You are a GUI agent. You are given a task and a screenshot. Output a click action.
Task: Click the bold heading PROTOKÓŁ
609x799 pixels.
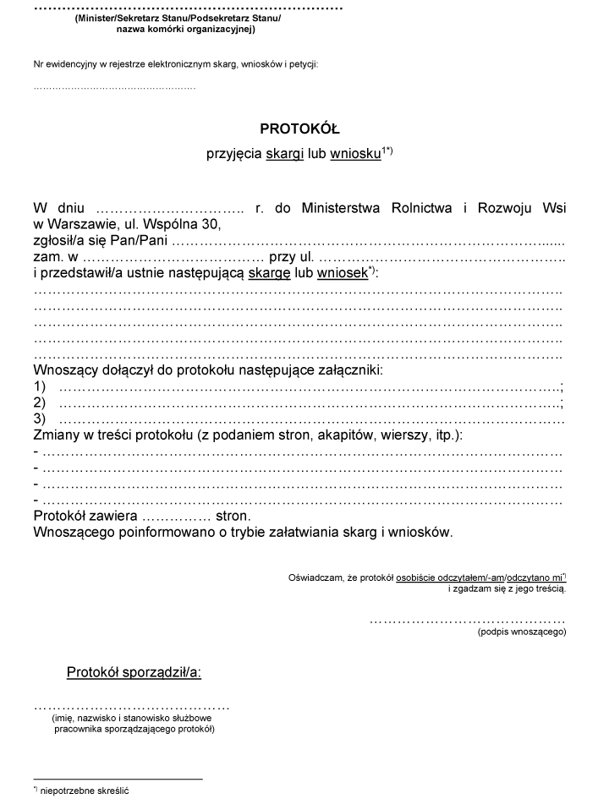pos(299,129)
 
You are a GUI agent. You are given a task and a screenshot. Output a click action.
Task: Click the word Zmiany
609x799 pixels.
pos(58,435)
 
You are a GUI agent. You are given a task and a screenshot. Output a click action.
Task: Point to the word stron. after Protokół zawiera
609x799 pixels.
pos(233,516)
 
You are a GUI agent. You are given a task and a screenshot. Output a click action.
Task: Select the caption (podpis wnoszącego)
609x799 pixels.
pos(521,631)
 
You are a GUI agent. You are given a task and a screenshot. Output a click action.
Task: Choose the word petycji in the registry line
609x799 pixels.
pos(304,64)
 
